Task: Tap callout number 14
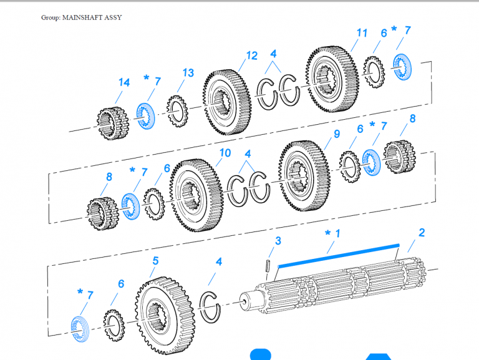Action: [x=124, y=83]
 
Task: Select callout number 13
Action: [x=188, y=73]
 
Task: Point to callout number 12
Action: [x=251, y=56]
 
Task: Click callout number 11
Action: [x=362, y=32]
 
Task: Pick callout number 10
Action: [x=225, y=153]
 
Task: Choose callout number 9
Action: [x=336, y=134]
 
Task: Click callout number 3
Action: [x=278, y=241]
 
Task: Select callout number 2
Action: [x=422, y=233]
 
